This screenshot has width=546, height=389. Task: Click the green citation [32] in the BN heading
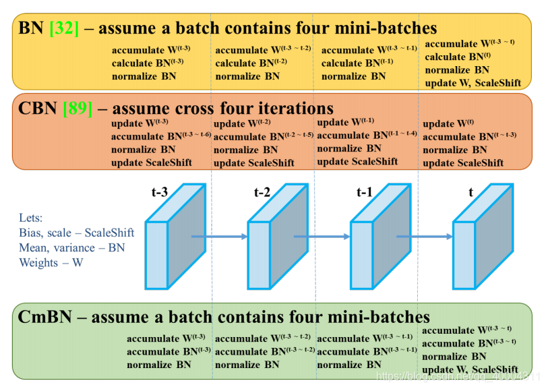click(65, 28)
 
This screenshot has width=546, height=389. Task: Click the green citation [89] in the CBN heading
click(77, 109)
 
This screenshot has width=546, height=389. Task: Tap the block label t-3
click(160, 193)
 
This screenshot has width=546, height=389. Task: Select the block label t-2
click(262, 193)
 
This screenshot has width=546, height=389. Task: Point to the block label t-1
click(365, 193)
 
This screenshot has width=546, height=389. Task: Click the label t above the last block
click(471, 193)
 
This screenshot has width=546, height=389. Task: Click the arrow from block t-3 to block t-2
click(220, 237)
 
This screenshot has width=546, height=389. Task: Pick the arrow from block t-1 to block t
click(425, 237)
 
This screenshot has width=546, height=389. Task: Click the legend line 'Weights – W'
click(51, 262)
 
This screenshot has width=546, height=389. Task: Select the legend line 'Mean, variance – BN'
click(72, 247)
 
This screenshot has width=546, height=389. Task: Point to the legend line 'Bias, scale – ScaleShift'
click(77, 233)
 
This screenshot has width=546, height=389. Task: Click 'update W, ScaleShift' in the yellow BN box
click(473, 83)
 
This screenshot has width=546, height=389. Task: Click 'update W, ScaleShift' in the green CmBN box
click(470, 369)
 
